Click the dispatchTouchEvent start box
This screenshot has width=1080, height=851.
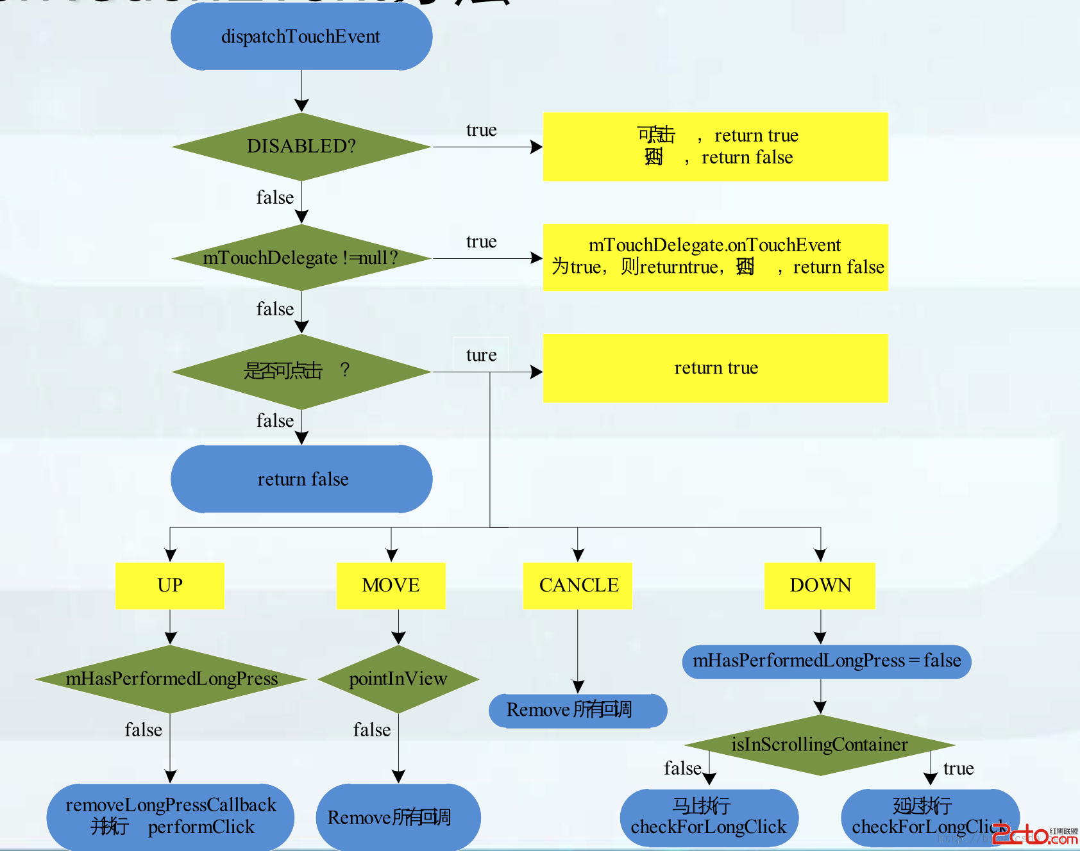click(x=301, y=37)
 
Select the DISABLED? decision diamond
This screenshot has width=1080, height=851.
click(x=301, y=147)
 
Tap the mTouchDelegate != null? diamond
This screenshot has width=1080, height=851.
click(x=301, y=258)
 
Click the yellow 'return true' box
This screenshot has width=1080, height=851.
click(x=716, y=368)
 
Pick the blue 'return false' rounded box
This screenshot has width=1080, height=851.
click(x=301, y=479)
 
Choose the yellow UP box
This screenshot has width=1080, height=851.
click(x=170, y=586)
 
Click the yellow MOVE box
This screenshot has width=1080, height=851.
click(x=391, y=586)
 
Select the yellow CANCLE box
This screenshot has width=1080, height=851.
click(x=578, y=586)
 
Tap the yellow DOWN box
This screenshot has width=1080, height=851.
click(x=820, y=586)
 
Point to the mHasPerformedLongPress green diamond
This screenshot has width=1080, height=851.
click(x=171, y=679)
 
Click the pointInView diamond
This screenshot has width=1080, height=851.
click(x=398, y=679)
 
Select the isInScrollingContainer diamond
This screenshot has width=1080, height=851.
click(x=820, y=745)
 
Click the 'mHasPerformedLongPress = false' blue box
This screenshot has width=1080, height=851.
click(x=827, y=661)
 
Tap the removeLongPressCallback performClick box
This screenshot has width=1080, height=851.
click(x=171, y=816)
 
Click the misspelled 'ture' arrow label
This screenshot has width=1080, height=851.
click(x=481, y=355)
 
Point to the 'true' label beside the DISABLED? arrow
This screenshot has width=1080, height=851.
click(x=481, y=131)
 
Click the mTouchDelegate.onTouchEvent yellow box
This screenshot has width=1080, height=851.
click(x=716, y=257)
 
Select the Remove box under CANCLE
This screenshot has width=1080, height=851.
click(x=578, y=711)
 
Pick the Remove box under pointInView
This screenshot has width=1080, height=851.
click(x=398, y=818)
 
